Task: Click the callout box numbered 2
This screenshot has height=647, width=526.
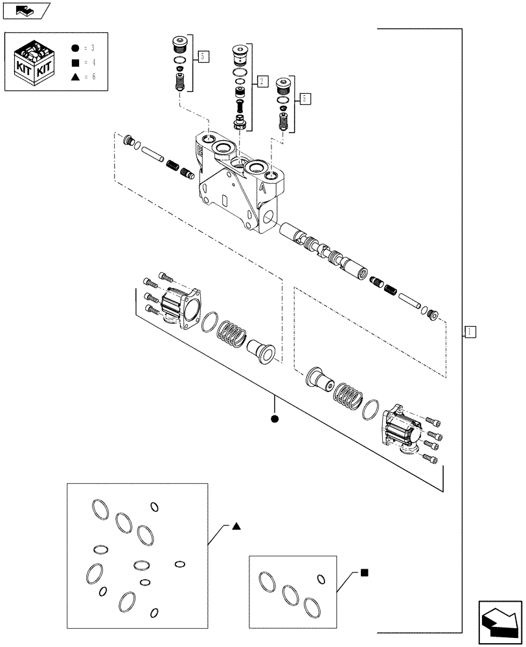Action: (x=262, y=81)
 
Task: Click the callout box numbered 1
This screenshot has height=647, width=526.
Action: (x=471, y=332)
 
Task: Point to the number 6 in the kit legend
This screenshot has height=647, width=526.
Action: (x=94, y=77)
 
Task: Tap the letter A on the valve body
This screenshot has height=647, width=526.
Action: (x=262, y=188)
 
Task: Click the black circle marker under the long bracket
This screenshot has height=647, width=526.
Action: (x=275, y=419)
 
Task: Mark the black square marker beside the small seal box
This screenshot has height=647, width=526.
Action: (x=365, y=572)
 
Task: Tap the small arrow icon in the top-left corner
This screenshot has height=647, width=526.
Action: (x=25, y=9)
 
